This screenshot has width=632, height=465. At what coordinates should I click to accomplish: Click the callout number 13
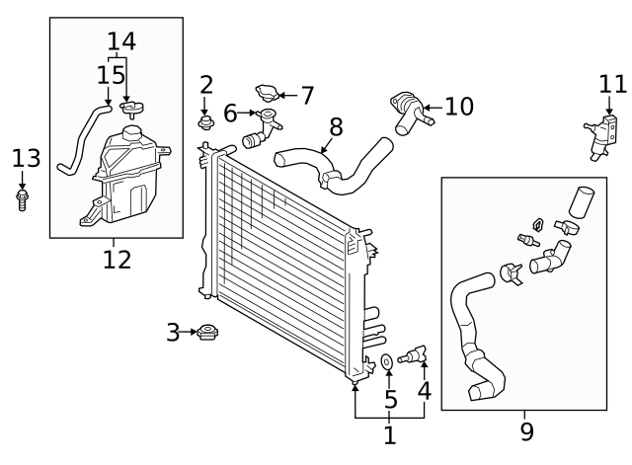pos(28,158)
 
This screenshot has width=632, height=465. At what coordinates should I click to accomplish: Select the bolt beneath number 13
pos(23,200)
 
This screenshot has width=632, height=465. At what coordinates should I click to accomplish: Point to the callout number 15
pos(105,75)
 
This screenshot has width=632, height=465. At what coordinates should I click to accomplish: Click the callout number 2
pos(205,85)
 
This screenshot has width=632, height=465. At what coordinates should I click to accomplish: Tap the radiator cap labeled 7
pos(267,94)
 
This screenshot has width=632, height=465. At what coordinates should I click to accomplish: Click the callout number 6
pos(229,114)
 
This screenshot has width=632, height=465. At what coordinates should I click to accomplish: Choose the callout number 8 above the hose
pos(336,127)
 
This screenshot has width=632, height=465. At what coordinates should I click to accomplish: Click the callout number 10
pos(458,106)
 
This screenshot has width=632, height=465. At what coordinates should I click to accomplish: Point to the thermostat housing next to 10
pos(408,112)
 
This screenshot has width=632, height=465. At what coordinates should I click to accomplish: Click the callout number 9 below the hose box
pos(526,431)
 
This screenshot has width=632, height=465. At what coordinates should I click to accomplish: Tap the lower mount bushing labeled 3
pos(206,333)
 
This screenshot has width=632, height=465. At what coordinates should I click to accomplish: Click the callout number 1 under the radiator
pos(389,434)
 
